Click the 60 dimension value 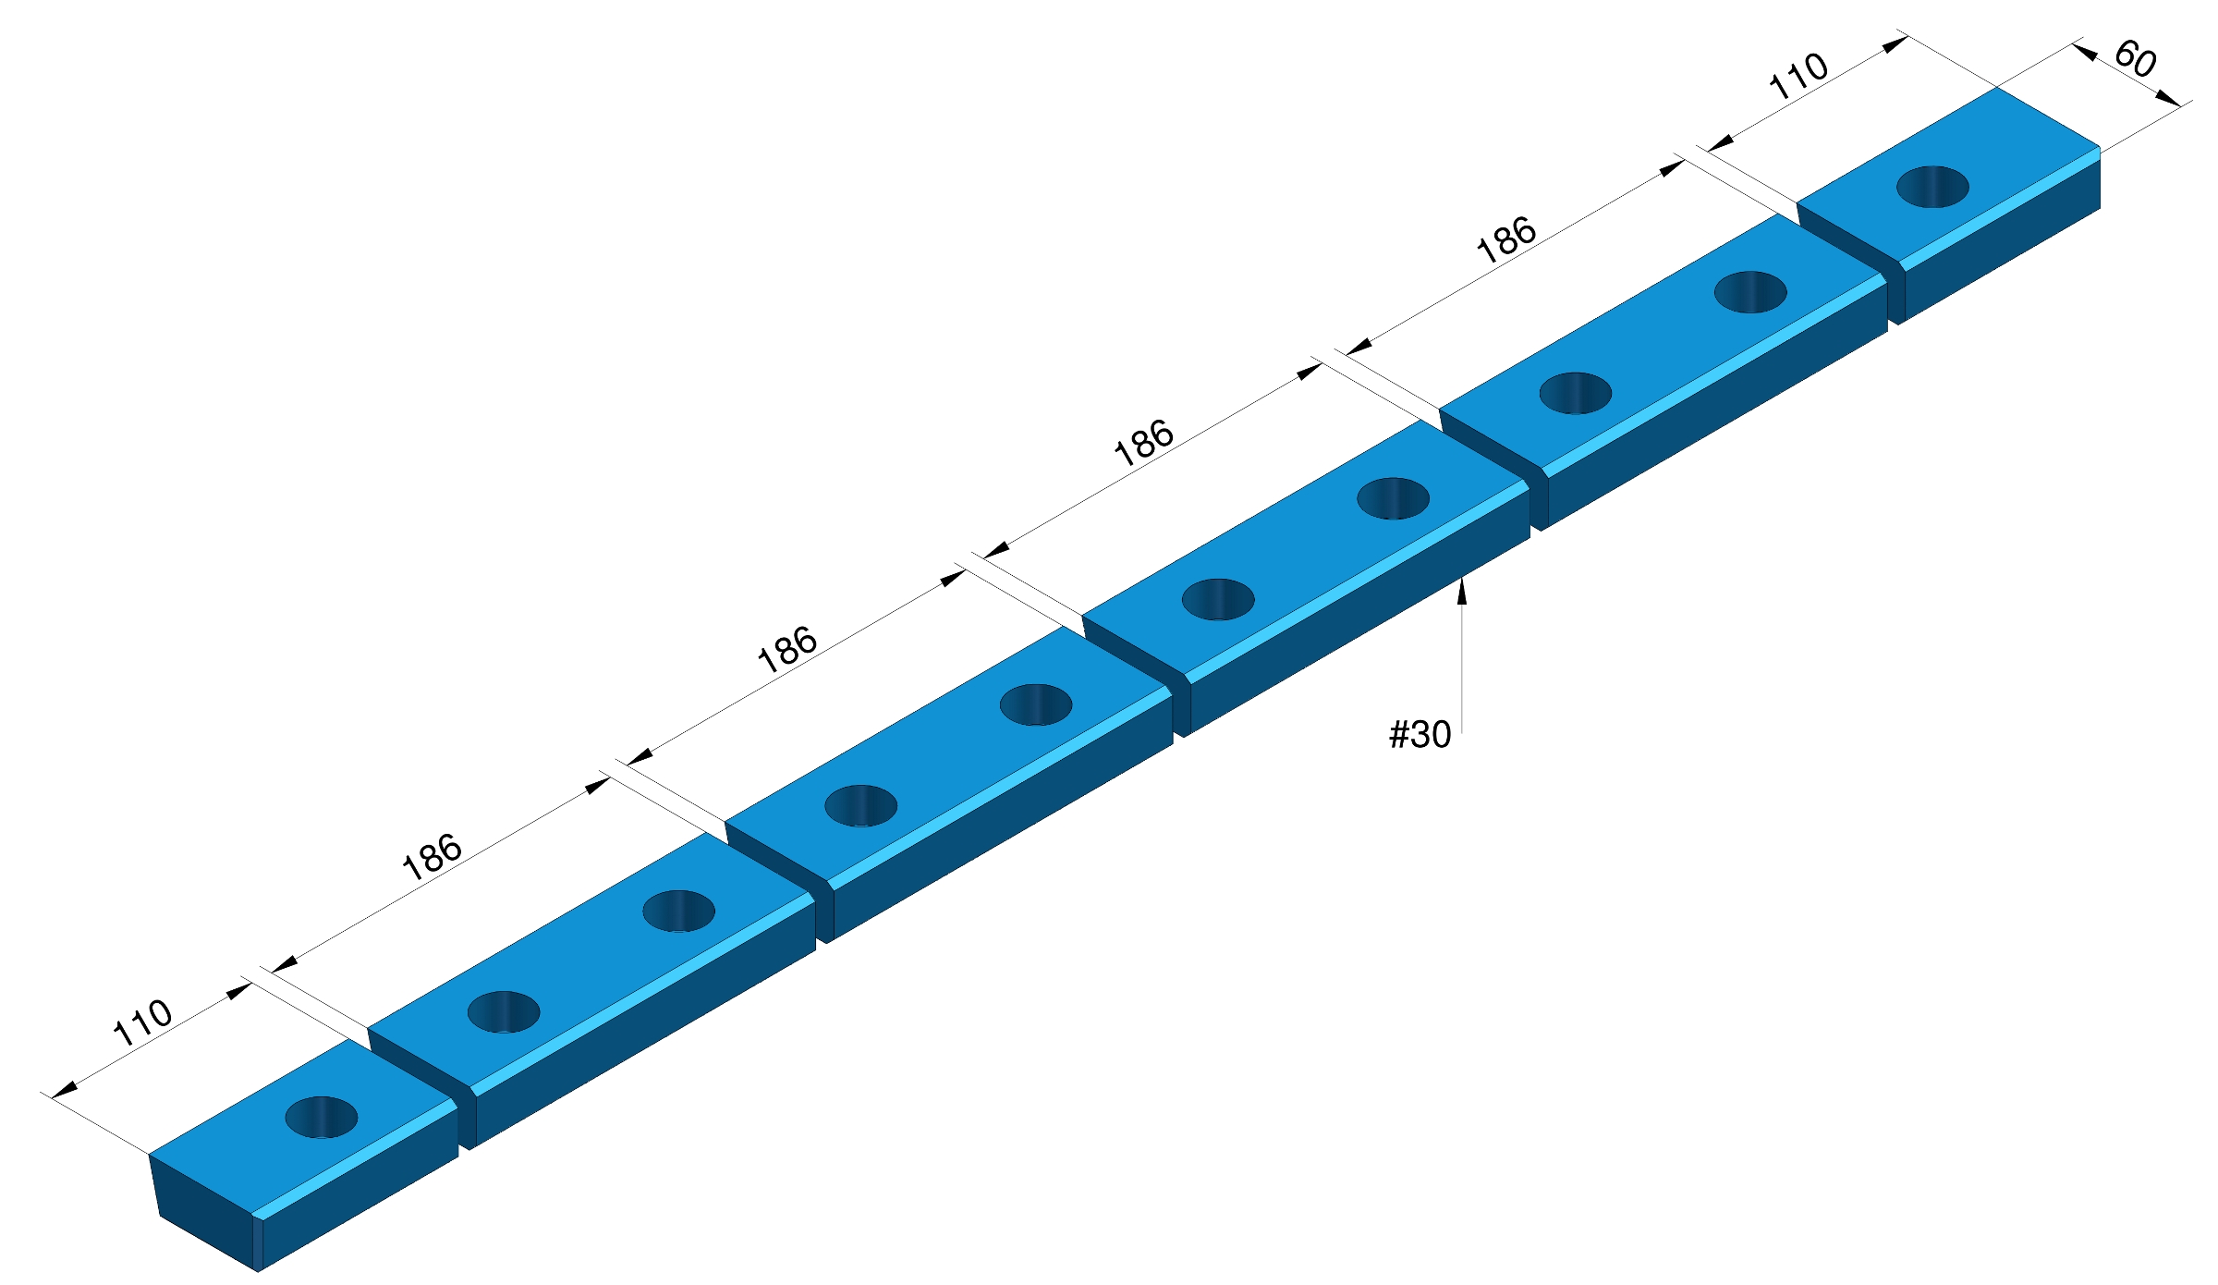(2135, 59)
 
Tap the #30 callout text (1420, 735)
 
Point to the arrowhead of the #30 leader (1461, 590)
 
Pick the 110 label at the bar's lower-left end (142, 1022)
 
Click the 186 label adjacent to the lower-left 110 (432, 857)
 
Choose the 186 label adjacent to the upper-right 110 (1506, 240)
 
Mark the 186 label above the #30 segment (1144, 444)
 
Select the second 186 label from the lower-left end (787, 649)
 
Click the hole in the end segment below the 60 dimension (1932, 187)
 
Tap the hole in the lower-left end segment (322, 1117)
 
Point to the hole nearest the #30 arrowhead (1393, 498)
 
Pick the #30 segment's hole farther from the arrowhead (1218, 599)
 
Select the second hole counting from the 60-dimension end (1750, 292)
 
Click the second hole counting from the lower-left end (504, 1012)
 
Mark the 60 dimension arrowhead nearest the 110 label (2085, 52)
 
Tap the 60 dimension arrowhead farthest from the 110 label (2169, 98)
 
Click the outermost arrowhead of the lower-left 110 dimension (65, 1090)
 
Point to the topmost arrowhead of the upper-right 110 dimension (1895, 43)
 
